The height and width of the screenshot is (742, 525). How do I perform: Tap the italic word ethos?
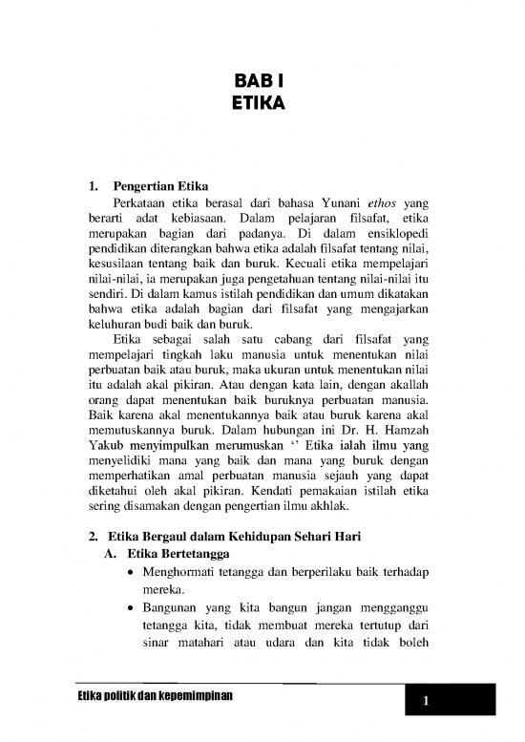368,202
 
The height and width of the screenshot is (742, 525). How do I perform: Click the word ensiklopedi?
394,237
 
